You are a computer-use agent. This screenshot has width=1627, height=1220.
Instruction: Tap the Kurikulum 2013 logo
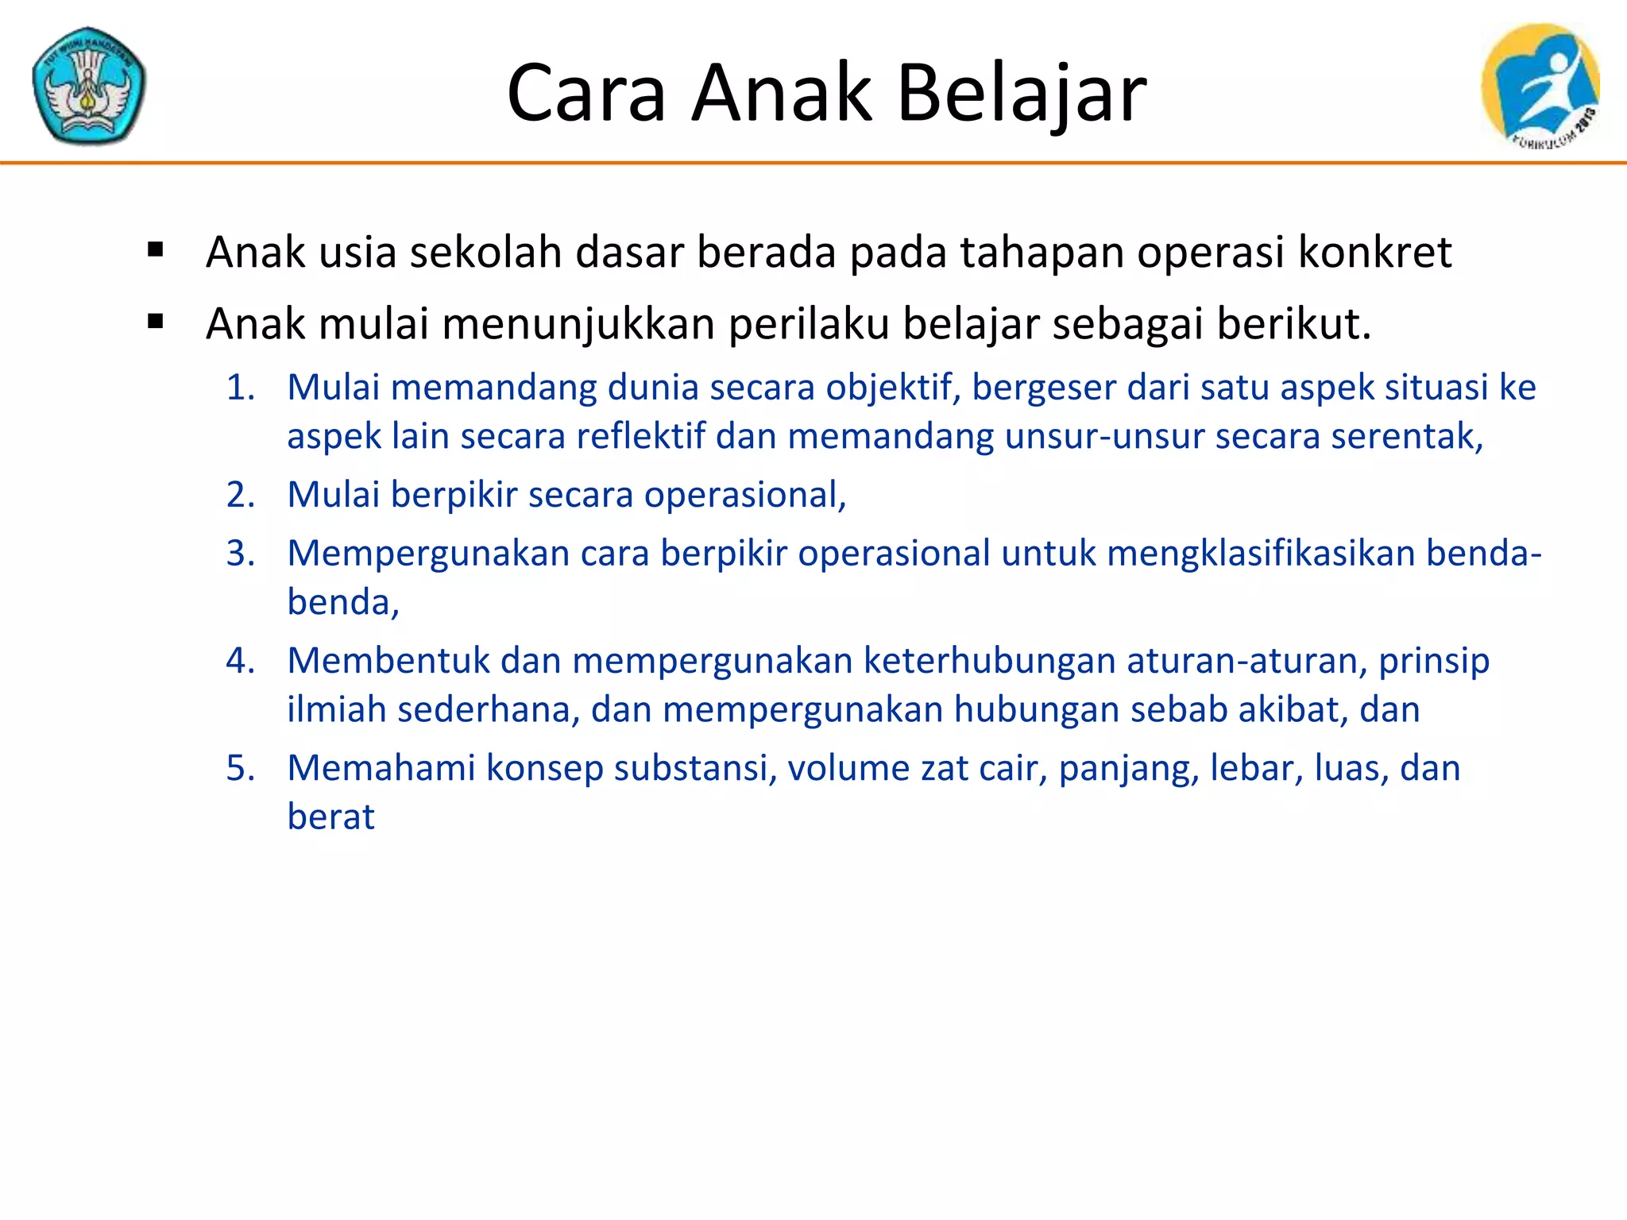point(1540,86)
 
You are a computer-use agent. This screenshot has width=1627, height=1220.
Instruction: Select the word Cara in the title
point(585,94)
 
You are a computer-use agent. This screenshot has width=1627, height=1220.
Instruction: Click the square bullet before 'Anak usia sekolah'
point(156,251)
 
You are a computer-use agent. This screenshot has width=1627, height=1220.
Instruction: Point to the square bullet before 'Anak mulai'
point(156,322)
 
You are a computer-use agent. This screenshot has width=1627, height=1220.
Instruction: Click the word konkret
point(1374,253)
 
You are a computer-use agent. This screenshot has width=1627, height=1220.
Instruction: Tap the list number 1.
point(240,388)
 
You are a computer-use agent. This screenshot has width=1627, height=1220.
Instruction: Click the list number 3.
point(240,553)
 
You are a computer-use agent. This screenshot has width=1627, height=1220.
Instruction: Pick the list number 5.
point(240,768)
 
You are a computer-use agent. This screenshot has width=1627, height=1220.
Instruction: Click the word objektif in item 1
point(891,388)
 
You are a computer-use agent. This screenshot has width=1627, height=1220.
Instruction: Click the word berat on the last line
point(330,817)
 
